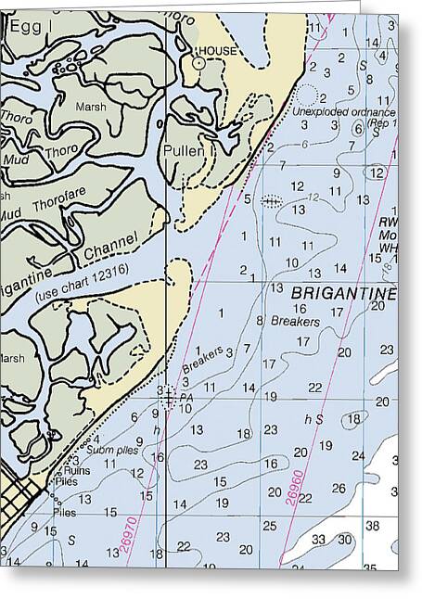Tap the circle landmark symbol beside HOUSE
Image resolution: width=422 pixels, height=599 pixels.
click(x=198, y=63)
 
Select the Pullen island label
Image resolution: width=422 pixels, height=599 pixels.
click(x=183, y=149)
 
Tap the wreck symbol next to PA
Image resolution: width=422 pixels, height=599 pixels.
click(x=168, y=398)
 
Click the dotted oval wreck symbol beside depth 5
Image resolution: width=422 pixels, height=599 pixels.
click(x=271, y=199)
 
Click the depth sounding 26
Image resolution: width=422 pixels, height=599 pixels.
click(x=339, y=488)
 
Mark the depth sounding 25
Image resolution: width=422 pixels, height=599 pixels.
click(x=269, y=525)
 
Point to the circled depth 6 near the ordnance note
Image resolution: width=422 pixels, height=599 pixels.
click(x=358, y=129)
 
